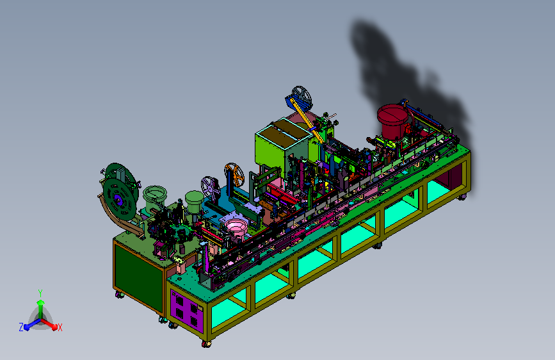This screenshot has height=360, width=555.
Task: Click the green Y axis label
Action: [40, 293]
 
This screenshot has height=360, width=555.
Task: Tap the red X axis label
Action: [60, 327]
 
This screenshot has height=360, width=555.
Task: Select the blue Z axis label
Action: [21, 327]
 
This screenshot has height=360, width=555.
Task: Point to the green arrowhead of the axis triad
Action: [41, 302]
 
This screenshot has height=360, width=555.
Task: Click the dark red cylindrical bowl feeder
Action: [392, 121]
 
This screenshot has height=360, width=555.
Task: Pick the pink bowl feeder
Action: [235, 228]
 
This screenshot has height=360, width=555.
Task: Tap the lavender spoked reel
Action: [211, 188]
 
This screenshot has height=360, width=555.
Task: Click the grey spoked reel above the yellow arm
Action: [302, 96]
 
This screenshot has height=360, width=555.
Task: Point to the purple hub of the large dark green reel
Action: [118, 201]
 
